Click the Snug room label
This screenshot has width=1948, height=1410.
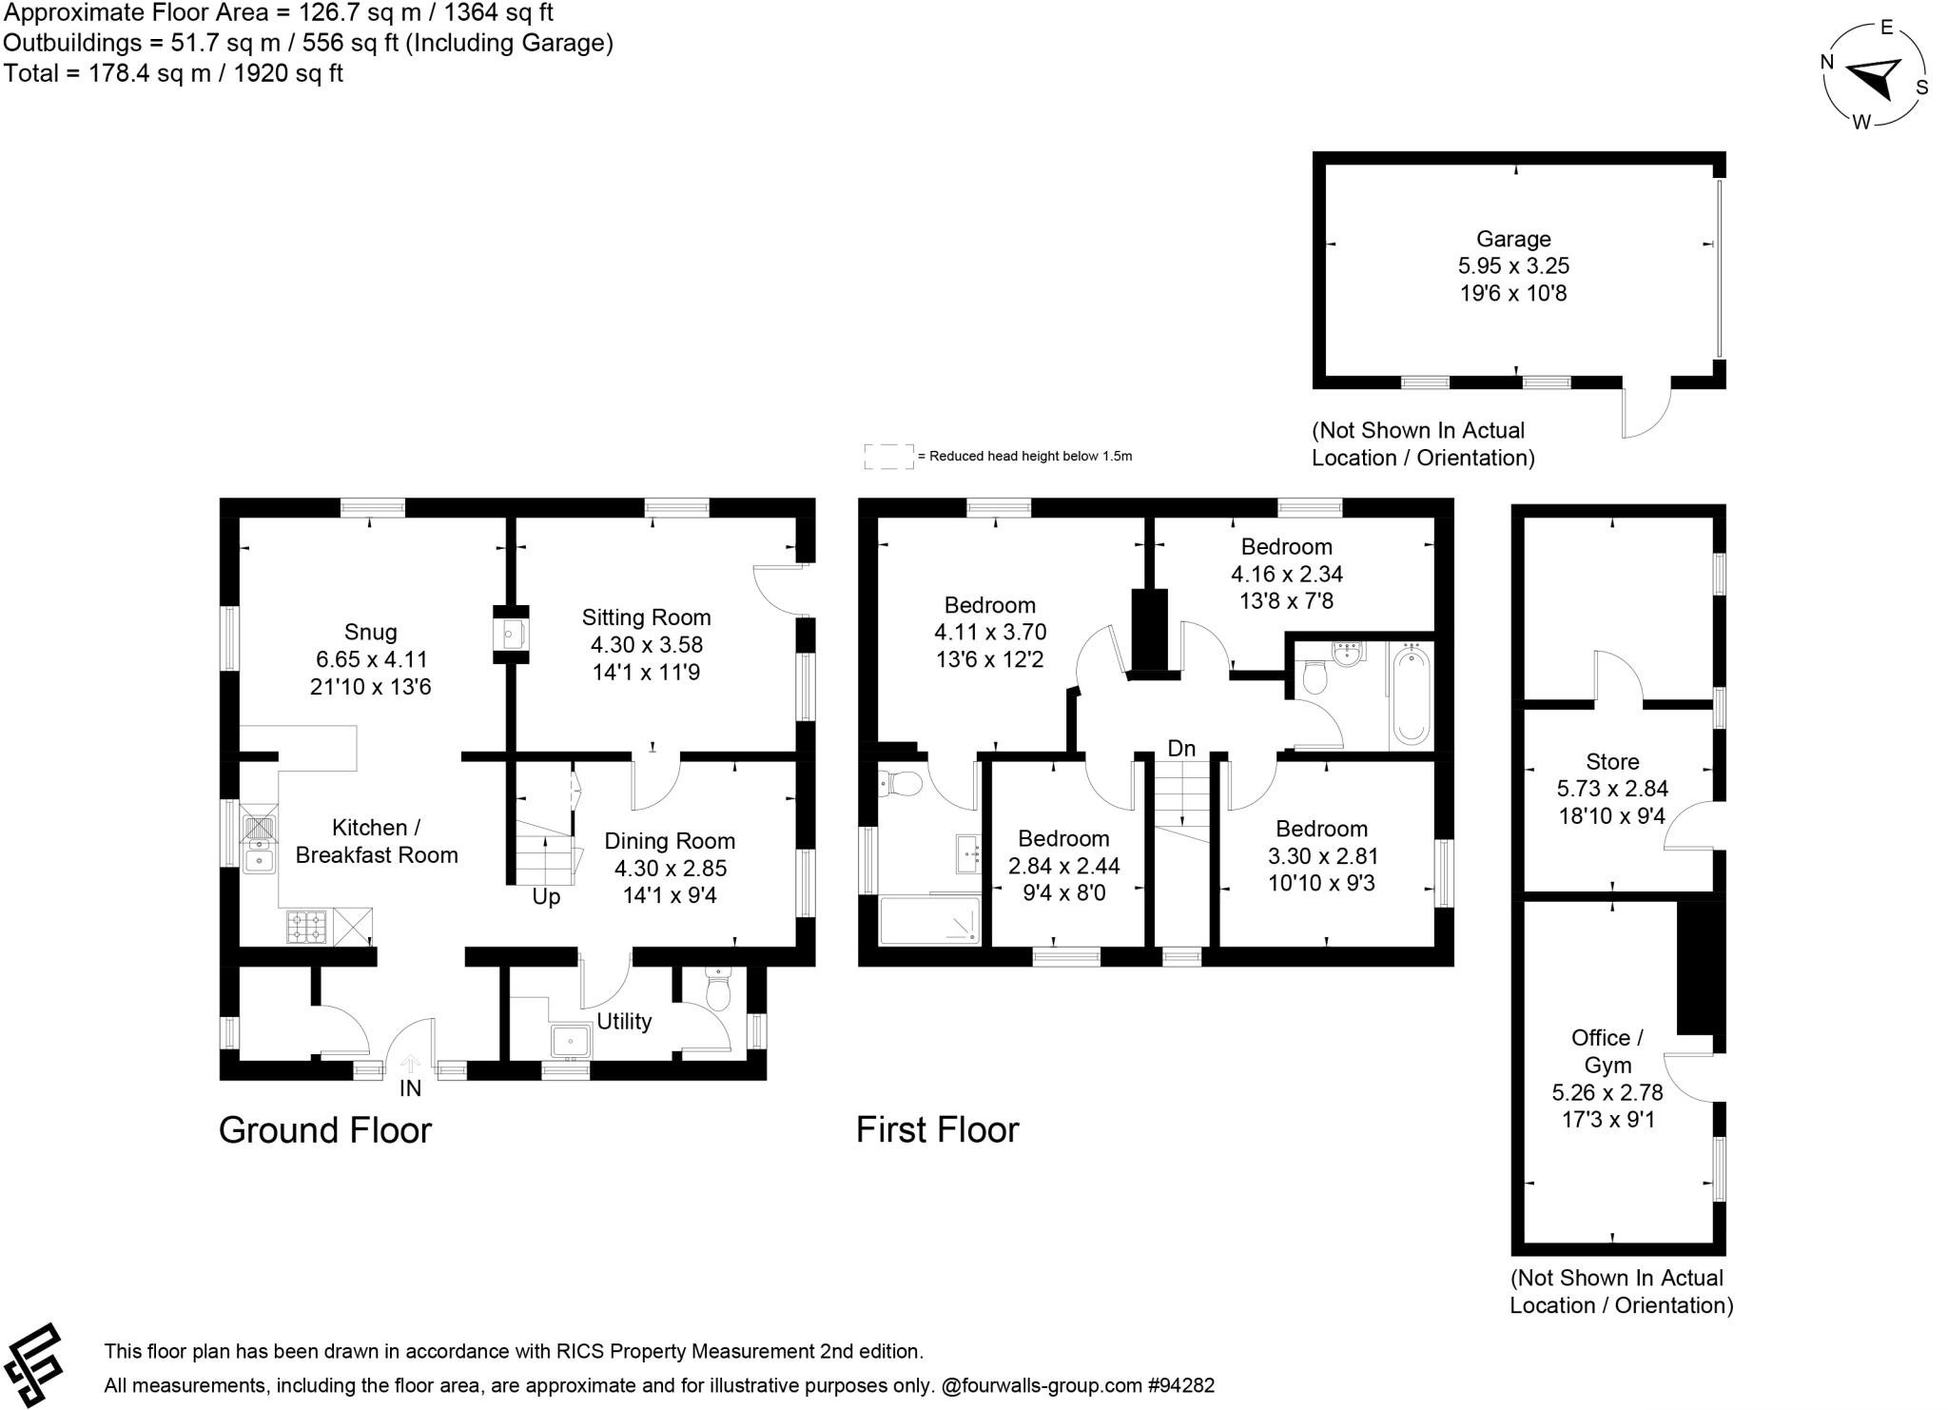click(x=370, y=632)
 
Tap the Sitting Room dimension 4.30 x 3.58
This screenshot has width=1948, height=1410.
click(x=646, y=645)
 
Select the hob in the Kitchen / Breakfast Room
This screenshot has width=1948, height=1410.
click(x=306, y=926)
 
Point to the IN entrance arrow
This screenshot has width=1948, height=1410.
click(x=410, y=1065)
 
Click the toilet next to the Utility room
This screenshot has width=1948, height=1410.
click(x=717, y=991)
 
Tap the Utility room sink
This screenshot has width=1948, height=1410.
click(x=571, y=1041)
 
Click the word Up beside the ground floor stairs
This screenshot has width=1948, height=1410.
click(x=546, y=897)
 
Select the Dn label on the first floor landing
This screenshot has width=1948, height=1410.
click(x=1181, y=749)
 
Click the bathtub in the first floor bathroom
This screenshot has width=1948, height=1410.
click(x=1411, y=695)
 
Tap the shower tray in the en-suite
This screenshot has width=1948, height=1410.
click(x=929, y=920)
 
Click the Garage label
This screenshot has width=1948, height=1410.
click(x=1513, y=239)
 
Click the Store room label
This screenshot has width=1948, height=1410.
click(x=1612, y=761)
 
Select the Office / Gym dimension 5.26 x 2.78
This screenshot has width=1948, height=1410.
click(x=1607, y=1093)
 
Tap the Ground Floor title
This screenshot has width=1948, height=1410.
click(x=325, y=1130)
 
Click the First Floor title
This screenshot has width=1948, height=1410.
click(x=937, y=1130)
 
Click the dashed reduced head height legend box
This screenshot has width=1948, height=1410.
click(x=888, y=456)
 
